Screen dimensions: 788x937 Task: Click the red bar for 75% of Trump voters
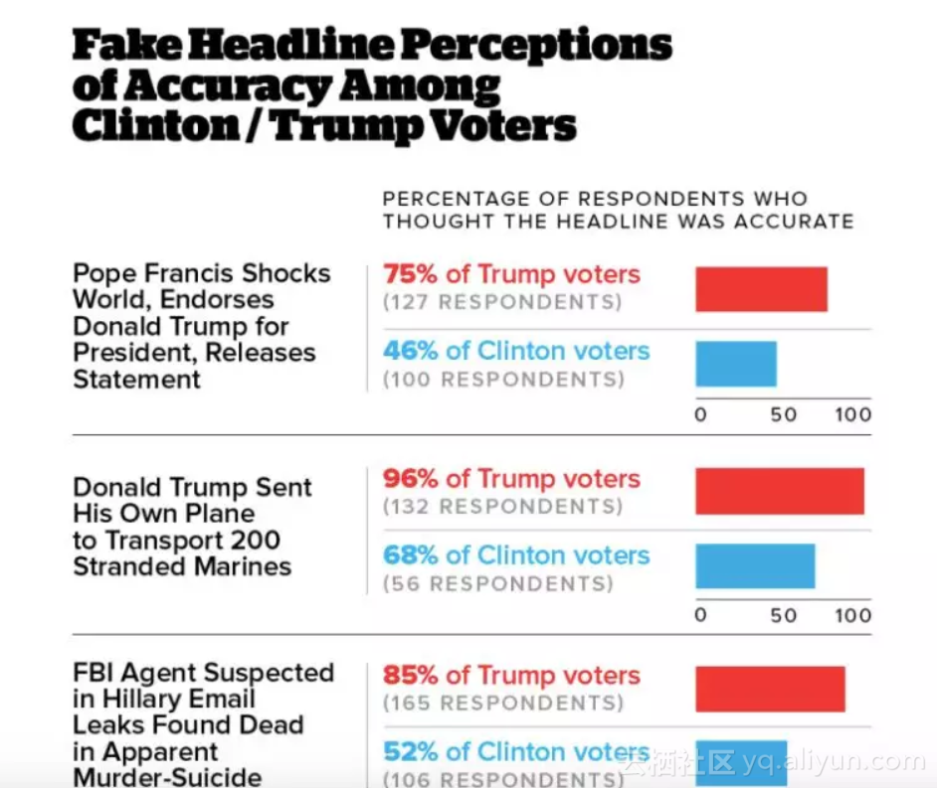pyautogui.click(x=761, y=289)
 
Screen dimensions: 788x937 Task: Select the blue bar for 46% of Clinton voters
pyautogui.click(x=736, y=364)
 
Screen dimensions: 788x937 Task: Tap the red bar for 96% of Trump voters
pyautogui.click(x=779, y=491)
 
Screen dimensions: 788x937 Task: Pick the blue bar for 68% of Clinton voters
pyautogui.click(x=755, y=566)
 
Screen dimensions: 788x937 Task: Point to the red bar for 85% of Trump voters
pyautogui.click(x=770, y=689)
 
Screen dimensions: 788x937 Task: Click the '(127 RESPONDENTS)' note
pyautogui.click(x=503, y=302)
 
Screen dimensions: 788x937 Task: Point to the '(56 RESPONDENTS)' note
pyautogui.click(x=498, y=583)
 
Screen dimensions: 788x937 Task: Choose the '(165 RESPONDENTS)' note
pyautogui.click(x=503, y=704)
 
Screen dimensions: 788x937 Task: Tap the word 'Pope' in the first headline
pyautogui.click(x=102, y=273)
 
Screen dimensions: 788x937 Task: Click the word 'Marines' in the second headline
pyautogui.click(x=244, y=566)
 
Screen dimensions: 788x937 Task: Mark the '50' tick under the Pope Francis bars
pyautogui.click(x=784, y=414)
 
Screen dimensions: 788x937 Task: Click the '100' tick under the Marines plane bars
pyautogui.click(x=852, y=615)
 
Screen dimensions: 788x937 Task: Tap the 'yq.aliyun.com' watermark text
pyautogui.click(x=834, y=762)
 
